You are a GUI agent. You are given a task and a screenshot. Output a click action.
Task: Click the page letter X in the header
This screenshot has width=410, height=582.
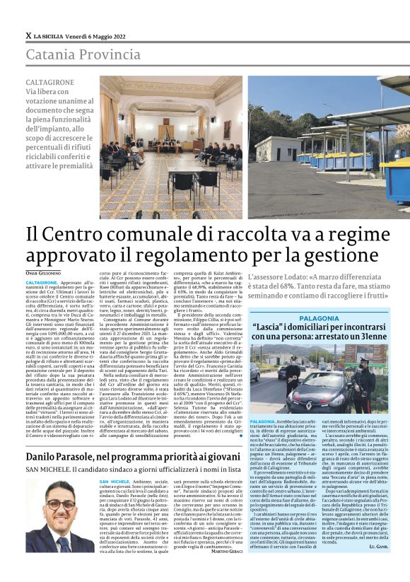point(28,35)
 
